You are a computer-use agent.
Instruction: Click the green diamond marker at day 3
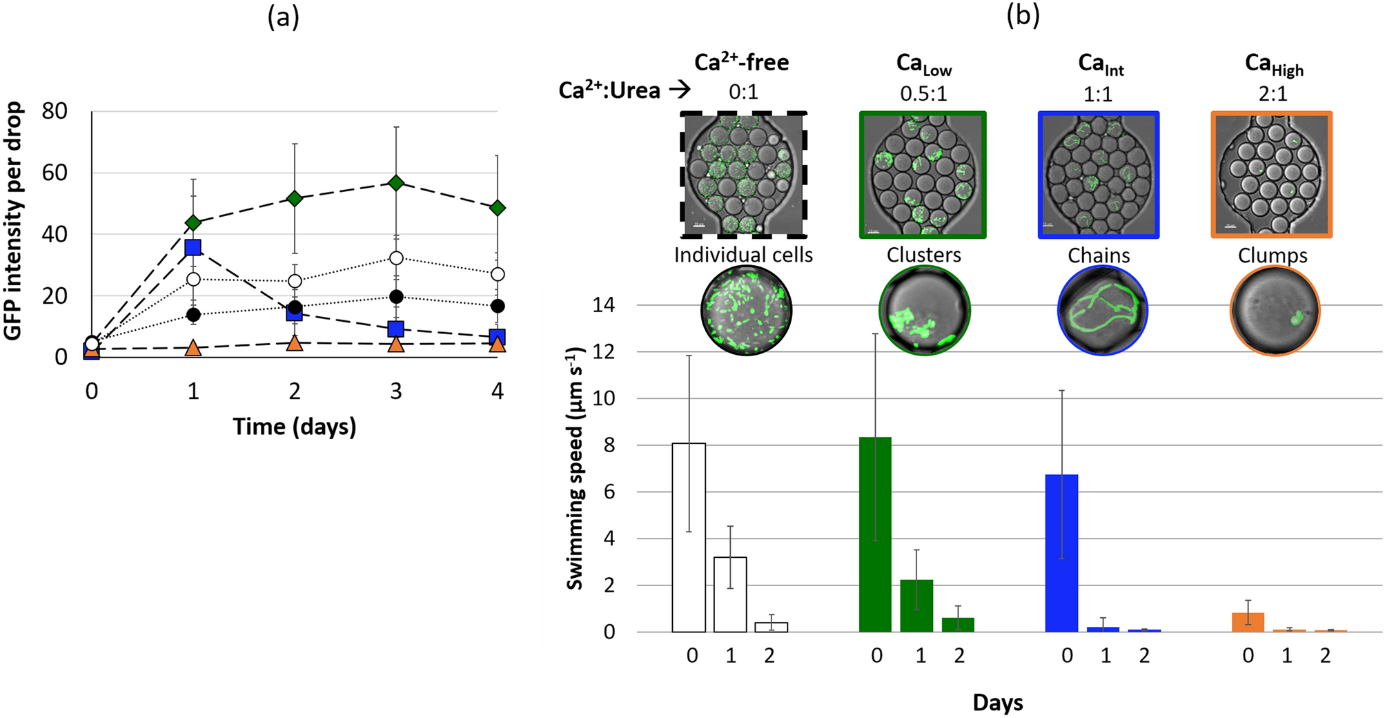396,183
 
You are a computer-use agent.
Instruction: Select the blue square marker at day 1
193,248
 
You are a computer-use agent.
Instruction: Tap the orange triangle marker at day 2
295,342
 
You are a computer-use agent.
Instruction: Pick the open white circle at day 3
396,258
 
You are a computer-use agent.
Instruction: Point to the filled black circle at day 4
498,306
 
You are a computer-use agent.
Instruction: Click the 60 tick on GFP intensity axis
55,173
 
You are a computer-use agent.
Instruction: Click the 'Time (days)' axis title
295,427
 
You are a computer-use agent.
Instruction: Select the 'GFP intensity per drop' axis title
14,221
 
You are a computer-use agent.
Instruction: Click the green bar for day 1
916,605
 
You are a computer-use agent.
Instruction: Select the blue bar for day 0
1061,552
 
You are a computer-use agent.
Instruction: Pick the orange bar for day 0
1248,622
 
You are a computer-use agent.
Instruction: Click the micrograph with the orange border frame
1271,175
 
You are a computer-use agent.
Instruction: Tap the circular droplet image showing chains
1102,310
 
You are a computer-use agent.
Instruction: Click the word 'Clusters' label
923,255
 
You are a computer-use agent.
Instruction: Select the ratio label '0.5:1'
923,93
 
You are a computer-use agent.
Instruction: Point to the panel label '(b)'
1023,15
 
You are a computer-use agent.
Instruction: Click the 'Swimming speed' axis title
575,469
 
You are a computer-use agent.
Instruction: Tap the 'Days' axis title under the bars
997,703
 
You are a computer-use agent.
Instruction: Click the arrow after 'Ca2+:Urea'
680,90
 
